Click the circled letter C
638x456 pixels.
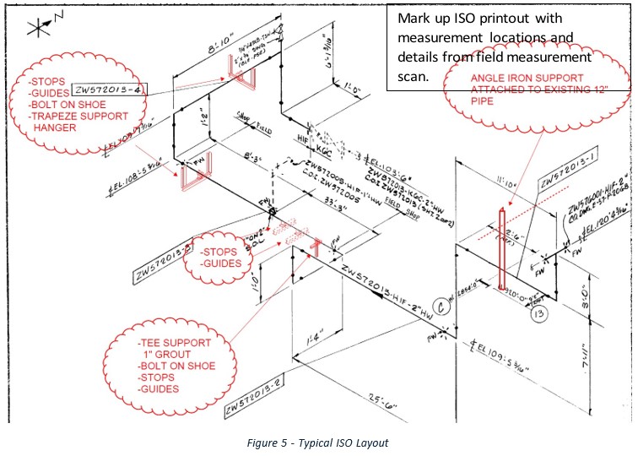(x=438, y=308)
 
